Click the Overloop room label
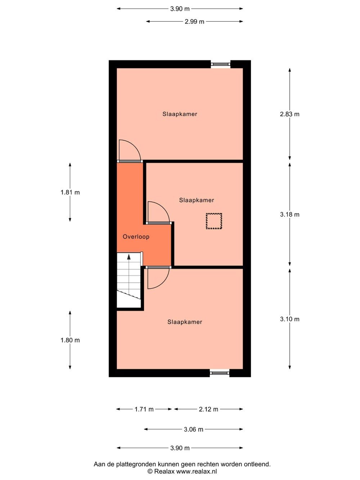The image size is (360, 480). point(136,237)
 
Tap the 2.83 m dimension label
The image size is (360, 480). point(289,114)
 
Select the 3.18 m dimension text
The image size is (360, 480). point(289,215)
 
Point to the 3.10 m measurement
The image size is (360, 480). point(289,319)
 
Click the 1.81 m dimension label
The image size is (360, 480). point(70,192)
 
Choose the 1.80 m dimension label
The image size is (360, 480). point(70,340)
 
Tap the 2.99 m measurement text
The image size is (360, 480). point(194,22)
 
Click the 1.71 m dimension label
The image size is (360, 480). point(144,409)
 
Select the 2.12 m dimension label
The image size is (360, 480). point(208,409)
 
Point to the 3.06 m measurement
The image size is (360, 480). point(194,429)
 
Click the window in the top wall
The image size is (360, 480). point(221,64)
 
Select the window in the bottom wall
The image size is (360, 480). point(220,373)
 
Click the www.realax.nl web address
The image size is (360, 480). point(197,471)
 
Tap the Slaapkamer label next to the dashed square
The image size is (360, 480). point(197,200)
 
